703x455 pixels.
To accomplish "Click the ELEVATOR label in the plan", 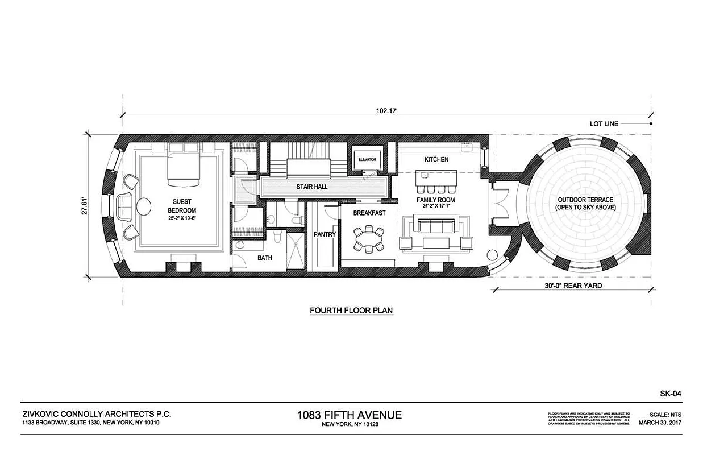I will pyautogui.click(x=367, y=159).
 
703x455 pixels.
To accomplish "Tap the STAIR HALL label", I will pyautogui.click(x=310, y=187).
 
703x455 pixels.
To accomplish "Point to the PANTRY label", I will pyautogui.click(x=325, y=234).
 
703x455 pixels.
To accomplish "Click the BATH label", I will pyautogui.click(x=265, y=258).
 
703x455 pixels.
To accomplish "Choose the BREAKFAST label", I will pyautogui.click(x=369, y=213).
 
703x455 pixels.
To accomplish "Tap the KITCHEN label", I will pyautogui.click(x=436, y=159).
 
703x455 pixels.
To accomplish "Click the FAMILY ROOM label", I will pyautogui.click(x=436, y=201).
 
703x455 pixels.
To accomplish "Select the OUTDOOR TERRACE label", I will pyautogui.click(x=585, y=204).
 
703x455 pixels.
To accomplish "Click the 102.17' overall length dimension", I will pyautogui.click(x=386, y=111).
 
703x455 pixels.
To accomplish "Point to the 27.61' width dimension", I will pyautogui.click(x=84, y=205).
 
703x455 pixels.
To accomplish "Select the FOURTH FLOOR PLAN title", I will pyautogui.click(x=351, y=311).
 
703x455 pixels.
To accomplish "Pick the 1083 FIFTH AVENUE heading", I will pyautogui.click(x=349, y=415).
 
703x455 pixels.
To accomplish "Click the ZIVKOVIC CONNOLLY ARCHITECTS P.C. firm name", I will pyautogui.click(x=96, y=415).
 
